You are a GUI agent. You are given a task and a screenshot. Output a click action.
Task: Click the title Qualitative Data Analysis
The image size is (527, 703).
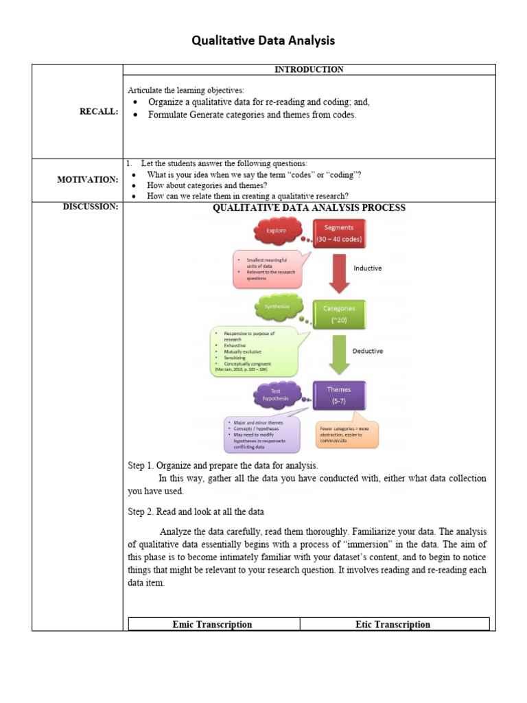pyautogui.click(x=263, y=41)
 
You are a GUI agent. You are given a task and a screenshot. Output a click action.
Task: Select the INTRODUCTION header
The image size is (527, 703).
pyautogui.click(x=309, y=69)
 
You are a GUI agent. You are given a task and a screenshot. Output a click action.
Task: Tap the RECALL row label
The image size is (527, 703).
pyautogui.click(x=99, y=112)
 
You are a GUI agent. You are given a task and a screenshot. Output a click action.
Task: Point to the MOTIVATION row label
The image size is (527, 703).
pyautogui.click(x=88, y=180)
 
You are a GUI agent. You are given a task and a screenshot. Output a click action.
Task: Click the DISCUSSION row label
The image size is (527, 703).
pyautogui.click(x=91, y=207)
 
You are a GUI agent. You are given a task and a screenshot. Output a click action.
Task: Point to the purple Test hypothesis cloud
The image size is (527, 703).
pyautogui.click(x=277, y=395)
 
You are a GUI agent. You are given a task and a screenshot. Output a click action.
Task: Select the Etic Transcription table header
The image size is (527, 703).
pyautogui.click(x=393, y=625)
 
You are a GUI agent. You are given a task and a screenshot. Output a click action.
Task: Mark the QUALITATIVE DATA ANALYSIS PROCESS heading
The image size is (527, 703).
pyautogui.click(x=309, y=208)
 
